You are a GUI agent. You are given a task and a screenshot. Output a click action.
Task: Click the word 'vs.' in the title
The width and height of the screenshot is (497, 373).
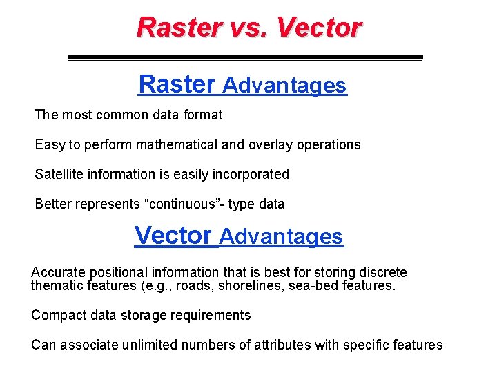(x=246, y=28)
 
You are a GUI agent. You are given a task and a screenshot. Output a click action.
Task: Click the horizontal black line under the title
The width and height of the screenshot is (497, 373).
(x=245, y=57)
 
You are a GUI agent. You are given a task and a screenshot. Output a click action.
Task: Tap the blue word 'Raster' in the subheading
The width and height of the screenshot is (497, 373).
(x=177, y=84)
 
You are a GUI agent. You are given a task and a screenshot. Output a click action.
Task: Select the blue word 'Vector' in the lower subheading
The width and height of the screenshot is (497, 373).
(x=173, y=236)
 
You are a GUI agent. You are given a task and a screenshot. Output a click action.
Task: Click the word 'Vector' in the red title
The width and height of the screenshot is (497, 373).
(x=319, y=28)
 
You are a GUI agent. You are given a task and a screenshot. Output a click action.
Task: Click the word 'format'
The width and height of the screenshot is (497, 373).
(x=202, y=115)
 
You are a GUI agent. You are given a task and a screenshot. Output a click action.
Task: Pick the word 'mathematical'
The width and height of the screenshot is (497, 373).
(x=177, y=145)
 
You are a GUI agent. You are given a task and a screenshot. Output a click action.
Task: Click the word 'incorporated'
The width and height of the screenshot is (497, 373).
(x=251, y=175)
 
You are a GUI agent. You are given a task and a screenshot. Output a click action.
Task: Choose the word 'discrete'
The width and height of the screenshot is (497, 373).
(x=381, y=273)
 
